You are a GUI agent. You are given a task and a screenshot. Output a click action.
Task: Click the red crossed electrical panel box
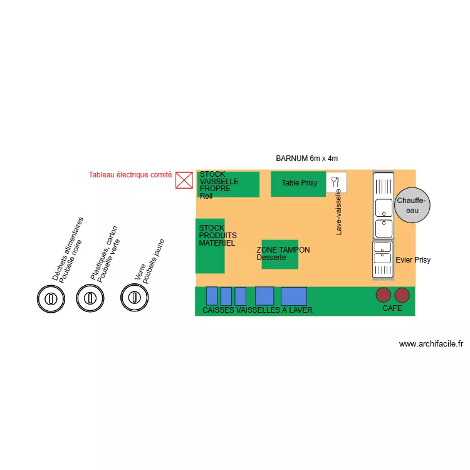pos(184,180)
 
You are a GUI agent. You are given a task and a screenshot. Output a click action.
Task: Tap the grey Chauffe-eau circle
pos(412,206)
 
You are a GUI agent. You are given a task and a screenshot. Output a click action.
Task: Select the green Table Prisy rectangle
pos(298,184)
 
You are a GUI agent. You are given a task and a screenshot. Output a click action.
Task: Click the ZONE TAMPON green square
pos(280,254)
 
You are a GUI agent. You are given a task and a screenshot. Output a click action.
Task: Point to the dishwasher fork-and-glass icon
pos(336,182)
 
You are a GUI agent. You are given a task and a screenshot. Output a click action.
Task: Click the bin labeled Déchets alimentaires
pos(51,298)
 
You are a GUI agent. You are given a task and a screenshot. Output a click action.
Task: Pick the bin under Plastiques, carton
pos(90,298)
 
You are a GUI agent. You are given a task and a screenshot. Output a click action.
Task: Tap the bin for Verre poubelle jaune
pos(134,298)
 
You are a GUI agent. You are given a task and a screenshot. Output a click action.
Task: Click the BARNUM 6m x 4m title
pos(306,159)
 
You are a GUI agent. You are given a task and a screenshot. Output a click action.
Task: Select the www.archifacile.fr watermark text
pos(431,344)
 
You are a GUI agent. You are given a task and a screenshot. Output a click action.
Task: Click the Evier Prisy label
pos(413,260)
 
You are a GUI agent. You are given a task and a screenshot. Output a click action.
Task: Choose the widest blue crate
pos(294,296)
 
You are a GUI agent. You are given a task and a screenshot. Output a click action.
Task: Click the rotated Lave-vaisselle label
pos(338,212)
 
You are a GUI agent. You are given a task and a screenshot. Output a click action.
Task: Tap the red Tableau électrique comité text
pos(130,175)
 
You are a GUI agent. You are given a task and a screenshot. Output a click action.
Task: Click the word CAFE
pos(392,308)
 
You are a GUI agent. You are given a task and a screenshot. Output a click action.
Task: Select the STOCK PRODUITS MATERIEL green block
pos(210,246)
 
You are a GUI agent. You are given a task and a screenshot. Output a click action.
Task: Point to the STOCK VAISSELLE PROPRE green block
pos(228,184)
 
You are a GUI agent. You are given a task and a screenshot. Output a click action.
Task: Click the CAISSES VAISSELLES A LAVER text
pos(258,310)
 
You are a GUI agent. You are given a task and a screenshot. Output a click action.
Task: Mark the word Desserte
pos(271,258)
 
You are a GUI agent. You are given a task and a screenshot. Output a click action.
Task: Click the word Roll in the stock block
pos(206,196)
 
